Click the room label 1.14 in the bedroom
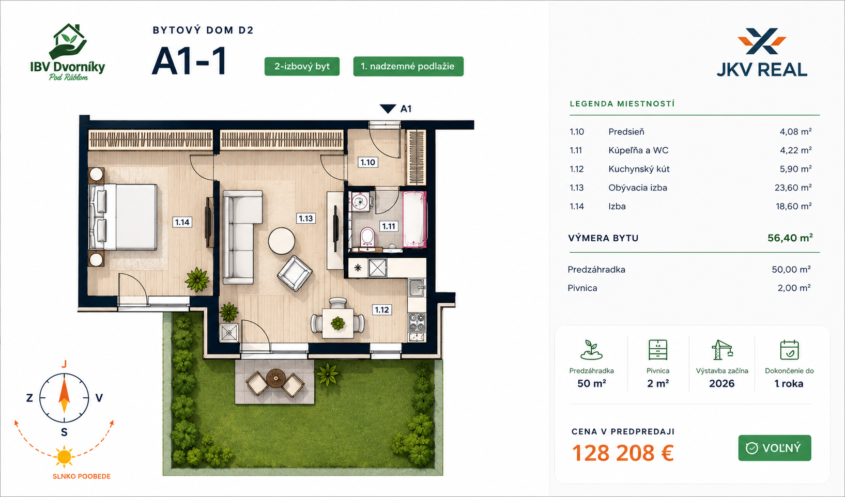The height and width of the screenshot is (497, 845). click(x=182, y=222)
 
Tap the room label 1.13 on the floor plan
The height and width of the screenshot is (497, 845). click(x=305, y=219)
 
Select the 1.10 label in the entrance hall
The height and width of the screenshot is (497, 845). click(x=368, y=163)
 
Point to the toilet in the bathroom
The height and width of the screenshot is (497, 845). click(x=367, y=236)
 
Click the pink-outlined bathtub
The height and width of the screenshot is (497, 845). click(x=414, y=220)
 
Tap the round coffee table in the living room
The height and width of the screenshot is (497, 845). click(x=282, y=241)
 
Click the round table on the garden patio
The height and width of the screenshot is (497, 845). click(x=276, y=378)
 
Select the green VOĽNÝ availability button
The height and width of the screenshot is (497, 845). click(x=775, y=448)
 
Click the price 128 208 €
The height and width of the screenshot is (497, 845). click(x=623, y=453)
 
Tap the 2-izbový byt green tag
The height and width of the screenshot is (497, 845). click(x=302, y=66)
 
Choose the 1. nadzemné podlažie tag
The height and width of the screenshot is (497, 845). click(x=408, y=66)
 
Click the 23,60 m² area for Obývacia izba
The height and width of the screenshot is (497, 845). click(x=793, y=188)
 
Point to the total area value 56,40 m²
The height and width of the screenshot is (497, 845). click(x=790, y=238)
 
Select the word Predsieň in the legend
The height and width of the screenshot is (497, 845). click(x=626, y=132)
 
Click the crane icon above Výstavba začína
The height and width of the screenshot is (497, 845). click(x=721, y=350)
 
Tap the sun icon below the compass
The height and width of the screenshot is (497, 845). click(x=64, y=457)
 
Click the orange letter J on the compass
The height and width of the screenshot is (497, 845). click(x=64, y=364)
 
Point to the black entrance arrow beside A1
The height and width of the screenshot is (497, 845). click(x=388, y=108)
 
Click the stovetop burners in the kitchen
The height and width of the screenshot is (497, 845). click(x=417, y=322)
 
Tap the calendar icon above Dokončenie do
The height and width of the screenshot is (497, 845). click(x=789, y=350)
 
